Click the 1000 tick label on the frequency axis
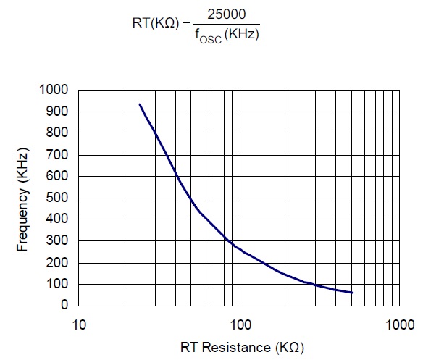point(54,90)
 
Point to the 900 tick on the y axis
point(56,112)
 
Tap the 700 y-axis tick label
point(56,155)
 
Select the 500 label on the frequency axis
point(56,198)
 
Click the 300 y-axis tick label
point(56,240)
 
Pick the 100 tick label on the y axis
point(56,284)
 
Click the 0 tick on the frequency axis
point(64,306)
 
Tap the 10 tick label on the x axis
point(78,323)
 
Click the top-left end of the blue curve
point(140,104)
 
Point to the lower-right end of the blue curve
point(352,293)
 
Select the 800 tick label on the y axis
point(56,133)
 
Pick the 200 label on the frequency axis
point(56,262)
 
